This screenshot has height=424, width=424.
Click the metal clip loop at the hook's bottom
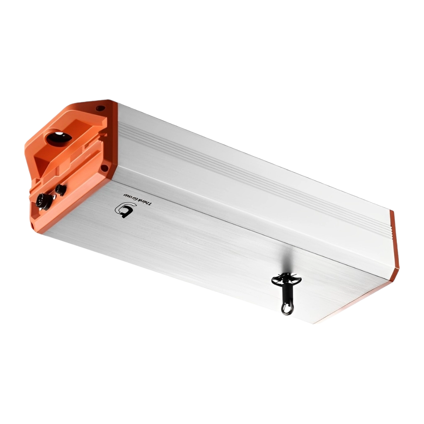pyautogui.click(x=285, y=308)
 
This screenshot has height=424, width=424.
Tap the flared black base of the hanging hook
pyautogui.click(x=287, y=280)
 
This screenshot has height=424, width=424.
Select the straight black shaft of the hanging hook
pyautogui.click(x=286, y=293)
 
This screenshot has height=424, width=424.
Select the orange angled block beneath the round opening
pyautogui.click(x=49, y=159)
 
